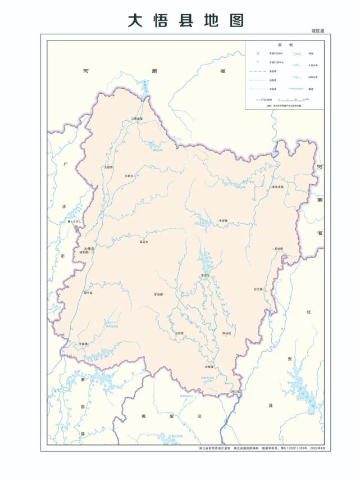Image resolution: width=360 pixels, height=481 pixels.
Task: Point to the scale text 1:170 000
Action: [264, 99]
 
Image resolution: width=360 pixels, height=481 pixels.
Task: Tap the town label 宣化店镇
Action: [278, 187]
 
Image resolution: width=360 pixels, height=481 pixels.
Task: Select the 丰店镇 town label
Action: [222, 221]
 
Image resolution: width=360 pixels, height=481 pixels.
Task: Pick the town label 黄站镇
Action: [278, 248]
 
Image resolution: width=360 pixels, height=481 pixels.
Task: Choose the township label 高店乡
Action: [144, 242]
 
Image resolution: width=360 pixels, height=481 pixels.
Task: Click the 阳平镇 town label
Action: [88, 293]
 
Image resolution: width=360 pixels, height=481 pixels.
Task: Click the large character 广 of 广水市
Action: [66, 164]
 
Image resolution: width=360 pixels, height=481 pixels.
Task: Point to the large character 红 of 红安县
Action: [308, 312]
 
